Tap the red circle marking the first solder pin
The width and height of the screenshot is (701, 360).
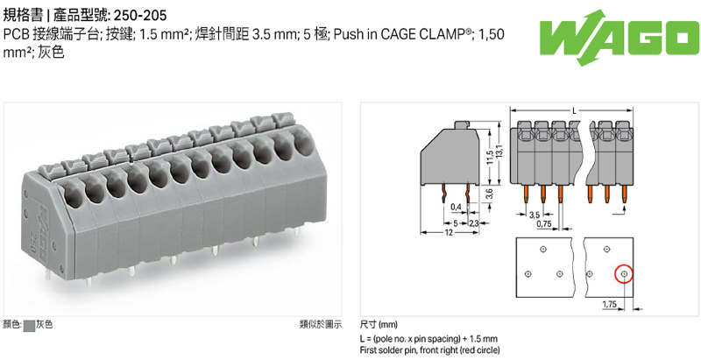pyautogui.click(x=623, y=275)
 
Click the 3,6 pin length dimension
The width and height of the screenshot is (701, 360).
pyautogui.click(x=488, y=194)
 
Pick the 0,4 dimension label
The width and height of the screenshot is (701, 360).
pyautogui.click(x=456, y=207)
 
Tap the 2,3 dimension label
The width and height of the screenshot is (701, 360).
pyautogui.click(x=472, y=224)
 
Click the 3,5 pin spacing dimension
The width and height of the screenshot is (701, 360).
pyautogui.click(x=535, y=214)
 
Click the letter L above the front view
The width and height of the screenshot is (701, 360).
pyautogui.click(x=573, y=111)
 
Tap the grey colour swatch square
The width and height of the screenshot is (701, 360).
pyautogui.click(x=29, y=324)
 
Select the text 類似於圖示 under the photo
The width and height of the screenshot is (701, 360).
pyautogui.click(x=321, y=324)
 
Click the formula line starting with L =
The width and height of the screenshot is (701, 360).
pyautogui.click(x=428, y=338)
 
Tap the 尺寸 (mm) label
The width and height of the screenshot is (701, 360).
pyautogui.click(x=378, y=324)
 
